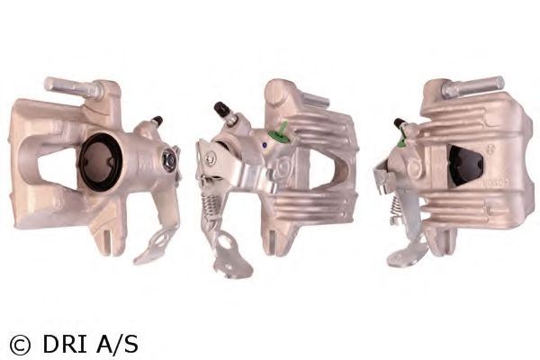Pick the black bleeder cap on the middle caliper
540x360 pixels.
tap(220, 110)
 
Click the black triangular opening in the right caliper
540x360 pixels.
tap(464, 166)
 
